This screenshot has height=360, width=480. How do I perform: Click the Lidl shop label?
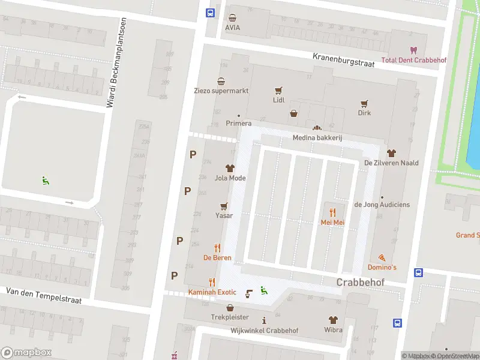278,100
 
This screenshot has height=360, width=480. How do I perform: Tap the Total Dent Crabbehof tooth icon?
413,50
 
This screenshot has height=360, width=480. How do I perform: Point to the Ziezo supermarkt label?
221,91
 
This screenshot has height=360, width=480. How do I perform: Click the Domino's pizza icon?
382,256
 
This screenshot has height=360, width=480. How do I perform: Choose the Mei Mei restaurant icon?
332,212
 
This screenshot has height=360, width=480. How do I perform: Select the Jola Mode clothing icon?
230,167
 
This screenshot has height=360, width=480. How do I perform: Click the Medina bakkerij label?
317,138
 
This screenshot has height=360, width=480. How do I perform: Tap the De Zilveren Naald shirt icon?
391,153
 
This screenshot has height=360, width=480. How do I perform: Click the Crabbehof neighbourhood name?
361,282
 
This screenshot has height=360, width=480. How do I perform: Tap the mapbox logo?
26,352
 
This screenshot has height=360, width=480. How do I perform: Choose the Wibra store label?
333,330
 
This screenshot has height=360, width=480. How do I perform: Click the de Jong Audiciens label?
382,205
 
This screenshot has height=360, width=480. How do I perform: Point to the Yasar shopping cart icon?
224,205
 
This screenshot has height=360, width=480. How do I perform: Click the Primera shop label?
238,124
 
